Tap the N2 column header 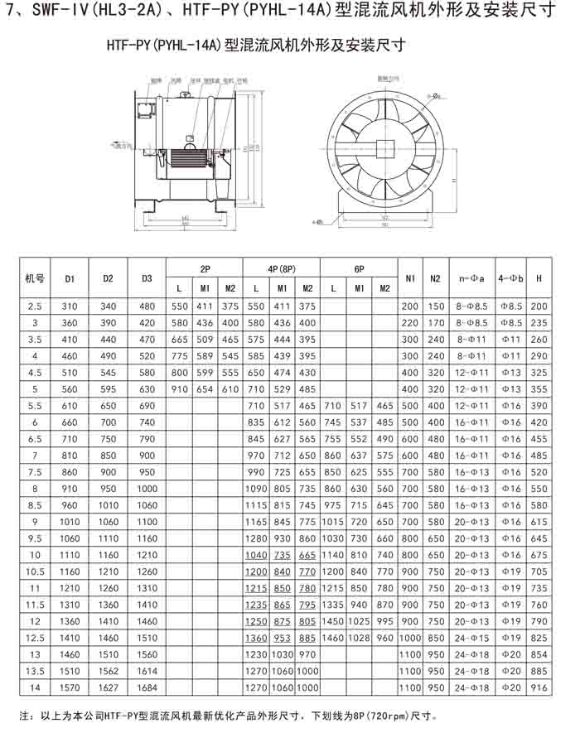pyautogui.click(x=435, y=279)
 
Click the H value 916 pyautogui.click(x=539, y=687)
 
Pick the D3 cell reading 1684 pyautogui.click(x=147, y=687)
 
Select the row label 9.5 pyautogui.click(x=35, y=538)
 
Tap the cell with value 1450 pyautogui.click(x=332, y=620)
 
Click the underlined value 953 pyautogui.click(x=282, y=638)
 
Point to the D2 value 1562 pyautogui.click(x=108, y=671)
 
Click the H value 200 pyautogui.click(x=539, y=306)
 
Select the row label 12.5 pyautogui.click(x=35, y=638)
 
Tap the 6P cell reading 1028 pyautogui.click(x=359, y=638)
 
